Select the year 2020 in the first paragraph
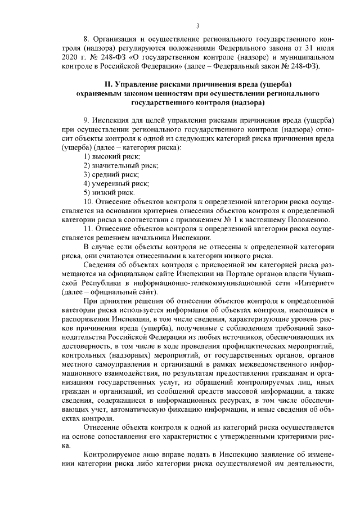tap(69, 58)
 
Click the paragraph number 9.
tap(86, 123)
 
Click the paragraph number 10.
tap(88, 201)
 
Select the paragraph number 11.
tap(88, 229)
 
